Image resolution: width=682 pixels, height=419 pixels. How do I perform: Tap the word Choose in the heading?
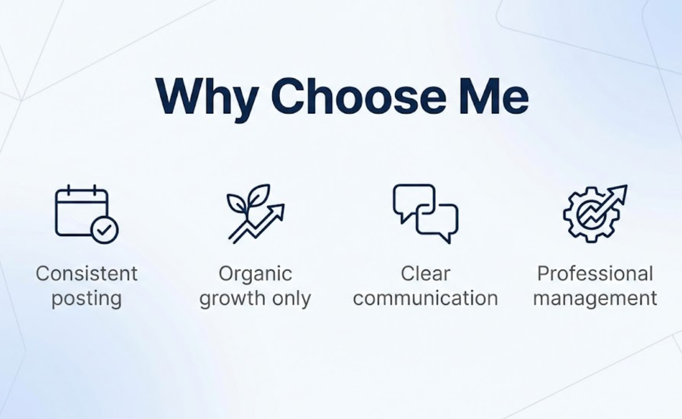tap(359, 96)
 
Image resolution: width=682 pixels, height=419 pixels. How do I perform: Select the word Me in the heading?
tap(493, 96)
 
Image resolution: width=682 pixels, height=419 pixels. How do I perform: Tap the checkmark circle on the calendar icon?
tap(104, 230)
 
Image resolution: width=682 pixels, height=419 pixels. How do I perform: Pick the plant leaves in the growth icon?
tap(248, 199)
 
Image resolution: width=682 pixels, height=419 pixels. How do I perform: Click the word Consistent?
tap(87, 273)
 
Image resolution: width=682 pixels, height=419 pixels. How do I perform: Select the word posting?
tap(87, 299)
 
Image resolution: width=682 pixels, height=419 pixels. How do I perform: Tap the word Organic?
tap(255, 274)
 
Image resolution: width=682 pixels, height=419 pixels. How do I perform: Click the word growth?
tap(232, 299)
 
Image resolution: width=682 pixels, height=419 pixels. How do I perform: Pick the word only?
tap(291, 299)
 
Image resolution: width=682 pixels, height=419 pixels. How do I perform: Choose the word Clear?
tap(425, 273)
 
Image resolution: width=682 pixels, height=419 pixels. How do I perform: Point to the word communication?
tap(425, 298)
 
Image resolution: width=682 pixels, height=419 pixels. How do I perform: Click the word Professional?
tap(595, 273)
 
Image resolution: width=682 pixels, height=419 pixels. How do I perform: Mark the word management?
tap(595, 299)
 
